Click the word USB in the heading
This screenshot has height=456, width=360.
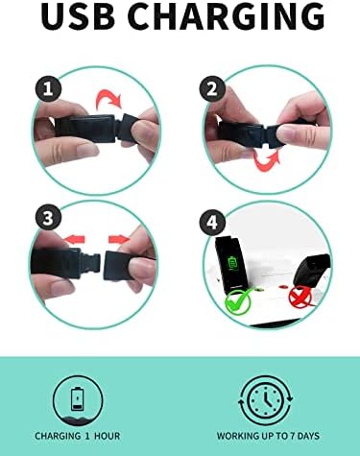tap(78, 16)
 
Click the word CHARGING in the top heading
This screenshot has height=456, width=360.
tap(227, 16)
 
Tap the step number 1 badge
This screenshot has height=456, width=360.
tap(48, 88)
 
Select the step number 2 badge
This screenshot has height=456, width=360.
tap(212, 88)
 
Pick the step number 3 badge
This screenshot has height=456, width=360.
tap(48, 219)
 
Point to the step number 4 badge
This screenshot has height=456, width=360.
tap(212, 223)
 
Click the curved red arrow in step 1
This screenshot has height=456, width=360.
tap(108, 98)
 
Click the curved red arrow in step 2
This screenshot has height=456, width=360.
tap(267, 160)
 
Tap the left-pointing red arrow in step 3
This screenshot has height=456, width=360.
tap(74, 239)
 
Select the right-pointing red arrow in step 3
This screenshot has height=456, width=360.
tap(119, 239)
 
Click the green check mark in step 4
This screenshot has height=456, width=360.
tap(239, 300)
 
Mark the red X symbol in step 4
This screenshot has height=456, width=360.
tap(300, 298)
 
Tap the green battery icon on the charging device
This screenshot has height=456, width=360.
tap(231, 263)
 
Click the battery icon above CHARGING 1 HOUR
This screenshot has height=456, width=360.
tap(78, 398)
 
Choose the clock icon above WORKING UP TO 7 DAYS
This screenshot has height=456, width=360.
tap(266, 400)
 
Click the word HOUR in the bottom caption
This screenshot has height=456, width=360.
tap(108, 436)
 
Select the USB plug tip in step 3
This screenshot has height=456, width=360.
tap(93, 263)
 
